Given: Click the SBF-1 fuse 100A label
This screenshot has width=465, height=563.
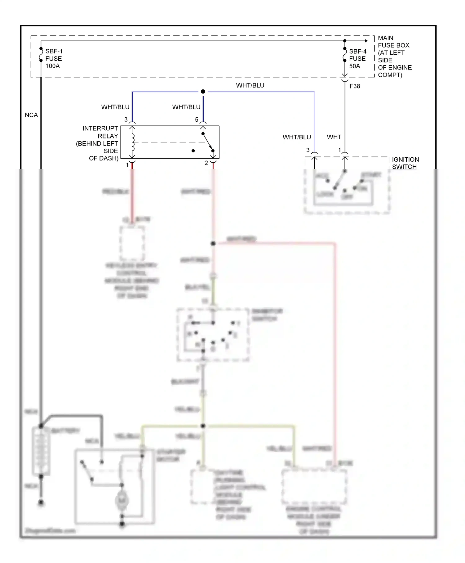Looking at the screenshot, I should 54,59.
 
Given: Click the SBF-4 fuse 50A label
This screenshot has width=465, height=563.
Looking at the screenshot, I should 357,59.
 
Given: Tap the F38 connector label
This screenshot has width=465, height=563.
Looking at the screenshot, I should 355,86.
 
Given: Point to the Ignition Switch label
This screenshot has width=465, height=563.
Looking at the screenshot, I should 405,163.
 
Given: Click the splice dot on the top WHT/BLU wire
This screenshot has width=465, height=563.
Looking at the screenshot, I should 203,92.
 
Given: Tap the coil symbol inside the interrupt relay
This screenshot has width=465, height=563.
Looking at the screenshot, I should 133,142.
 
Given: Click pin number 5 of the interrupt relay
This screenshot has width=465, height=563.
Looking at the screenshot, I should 197,119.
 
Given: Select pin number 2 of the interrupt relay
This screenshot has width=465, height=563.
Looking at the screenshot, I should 206,163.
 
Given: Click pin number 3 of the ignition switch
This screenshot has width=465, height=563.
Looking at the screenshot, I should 308,150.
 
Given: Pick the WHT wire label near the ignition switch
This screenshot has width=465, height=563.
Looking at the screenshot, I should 334,137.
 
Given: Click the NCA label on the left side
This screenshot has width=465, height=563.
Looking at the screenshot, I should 31,115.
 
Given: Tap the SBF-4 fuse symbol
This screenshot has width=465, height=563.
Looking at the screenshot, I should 344,55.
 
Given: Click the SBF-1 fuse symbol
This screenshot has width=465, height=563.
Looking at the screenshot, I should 41,55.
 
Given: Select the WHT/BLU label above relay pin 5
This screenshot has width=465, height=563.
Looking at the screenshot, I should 186,107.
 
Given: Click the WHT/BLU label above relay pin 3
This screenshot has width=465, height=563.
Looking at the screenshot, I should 115,107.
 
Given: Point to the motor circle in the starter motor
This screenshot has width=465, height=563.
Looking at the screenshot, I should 122,500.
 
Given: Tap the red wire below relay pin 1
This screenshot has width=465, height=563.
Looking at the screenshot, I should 132,192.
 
